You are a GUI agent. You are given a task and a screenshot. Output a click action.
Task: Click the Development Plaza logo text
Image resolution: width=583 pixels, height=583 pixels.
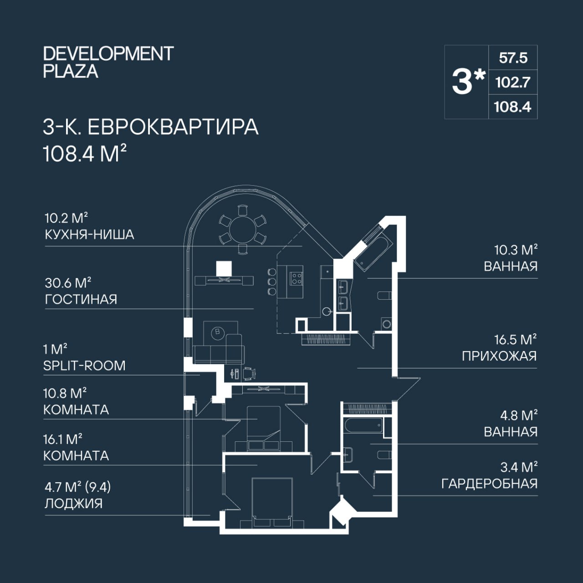[108, 62]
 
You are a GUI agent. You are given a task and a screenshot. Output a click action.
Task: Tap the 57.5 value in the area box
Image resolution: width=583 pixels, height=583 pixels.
[513, 58]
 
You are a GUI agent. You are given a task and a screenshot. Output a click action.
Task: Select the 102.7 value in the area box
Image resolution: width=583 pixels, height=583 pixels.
[513, 82]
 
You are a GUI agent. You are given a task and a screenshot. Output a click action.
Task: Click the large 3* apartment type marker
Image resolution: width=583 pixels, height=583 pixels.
[469, 82]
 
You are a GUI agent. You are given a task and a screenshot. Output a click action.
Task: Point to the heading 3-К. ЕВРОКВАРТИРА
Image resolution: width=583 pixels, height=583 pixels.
[151, 127]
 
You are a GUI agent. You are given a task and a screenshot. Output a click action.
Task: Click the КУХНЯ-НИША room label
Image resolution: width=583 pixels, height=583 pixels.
[90, 235]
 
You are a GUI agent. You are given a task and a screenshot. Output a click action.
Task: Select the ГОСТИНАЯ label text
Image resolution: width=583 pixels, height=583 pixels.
[81, 299]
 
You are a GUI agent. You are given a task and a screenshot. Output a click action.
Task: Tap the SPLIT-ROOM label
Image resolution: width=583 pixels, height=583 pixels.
[84, 366]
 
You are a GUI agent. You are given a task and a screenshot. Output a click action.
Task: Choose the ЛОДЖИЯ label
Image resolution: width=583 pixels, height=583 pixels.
[73, 503]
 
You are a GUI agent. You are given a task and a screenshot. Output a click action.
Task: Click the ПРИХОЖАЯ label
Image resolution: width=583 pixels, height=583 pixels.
[499, 356]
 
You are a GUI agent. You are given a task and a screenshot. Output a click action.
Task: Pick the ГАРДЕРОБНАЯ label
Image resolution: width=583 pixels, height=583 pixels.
[490, 483]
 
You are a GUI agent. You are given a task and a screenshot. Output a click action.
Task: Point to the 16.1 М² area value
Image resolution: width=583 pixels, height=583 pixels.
[63, 439]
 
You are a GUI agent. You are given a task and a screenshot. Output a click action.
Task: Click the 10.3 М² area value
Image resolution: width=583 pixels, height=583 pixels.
[516, 250]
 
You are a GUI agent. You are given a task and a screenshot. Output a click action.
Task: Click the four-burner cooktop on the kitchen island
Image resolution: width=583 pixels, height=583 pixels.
[296, 278]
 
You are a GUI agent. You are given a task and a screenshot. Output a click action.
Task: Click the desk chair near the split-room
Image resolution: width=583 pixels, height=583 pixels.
[249, 373]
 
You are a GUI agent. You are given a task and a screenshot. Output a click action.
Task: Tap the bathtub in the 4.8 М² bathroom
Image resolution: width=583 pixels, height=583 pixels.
[363, 426]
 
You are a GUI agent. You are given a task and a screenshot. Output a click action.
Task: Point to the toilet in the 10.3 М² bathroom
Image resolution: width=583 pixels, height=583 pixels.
[385, 295]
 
